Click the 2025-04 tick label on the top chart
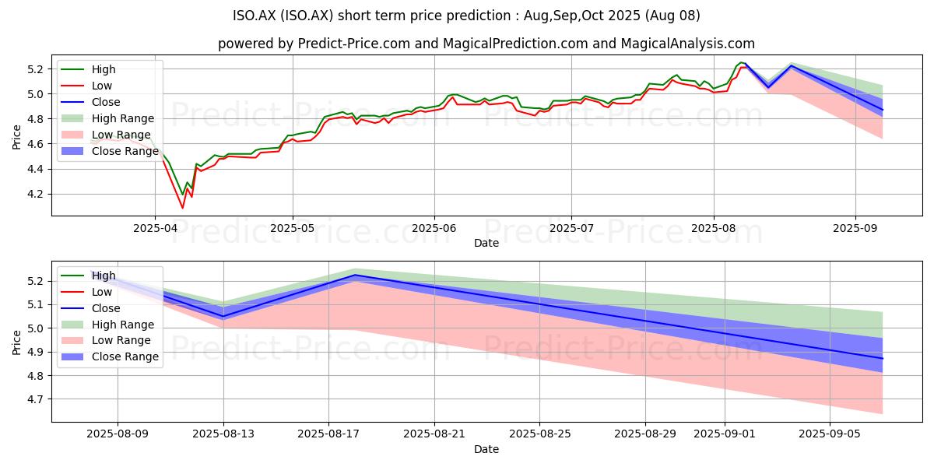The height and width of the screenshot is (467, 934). click(x=155, y=229)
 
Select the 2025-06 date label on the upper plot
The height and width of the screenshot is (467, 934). click(x=434, y=229)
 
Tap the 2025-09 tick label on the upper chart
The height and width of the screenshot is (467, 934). click(x=855, y=229)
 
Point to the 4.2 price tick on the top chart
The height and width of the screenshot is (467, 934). click(x=36, y=195)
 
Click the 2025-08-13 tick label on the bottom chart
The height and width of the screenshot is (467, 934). click(x=223, y=434)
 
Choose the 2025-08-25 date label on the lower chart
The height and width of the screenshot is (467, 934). click(x=540, y=434)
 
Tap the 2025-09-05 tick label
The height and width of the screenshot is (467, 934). click(x=830, y=434)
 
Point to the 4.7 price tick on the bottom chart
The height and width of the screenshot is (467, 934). click(x=36, y=399)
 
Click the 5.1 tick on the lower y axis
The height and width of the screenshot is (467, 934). click(x=36, y=305)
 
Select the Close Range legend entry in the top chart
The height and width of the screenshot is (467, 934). click(x=110, y=151)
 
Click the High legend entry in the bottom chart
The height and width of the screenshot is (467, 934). click(x=89, y=276)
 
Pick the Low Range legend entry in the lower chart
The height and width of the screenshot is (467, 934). click(x=106, y=341)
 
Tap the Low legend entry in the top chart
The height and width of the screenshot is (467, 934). click(x=86, y=86)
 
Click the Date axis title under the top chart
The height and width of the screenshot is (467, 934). click(x=486, y=243)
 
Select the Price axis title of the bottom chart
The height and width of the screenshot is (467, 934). click(x=16, y=342)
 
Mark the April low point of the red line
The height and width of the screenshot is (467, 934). click(x=182, y=208)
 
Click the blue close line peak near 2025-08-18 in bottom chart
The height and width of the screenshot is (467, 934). click(x=355, y=275)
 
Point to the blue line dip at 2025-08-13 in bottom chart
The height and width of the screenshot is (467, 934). click(x=223, y=317)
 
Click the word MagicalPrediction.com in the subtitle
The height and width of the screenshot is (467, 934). click(x=515, y=44)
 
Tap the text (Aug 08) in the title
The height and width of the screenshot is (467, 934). click(x=672, y=16)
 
